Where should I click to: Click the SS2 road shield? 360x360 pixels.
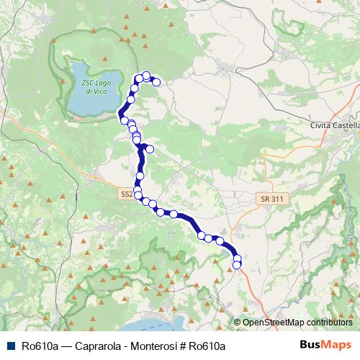tap(127, 194)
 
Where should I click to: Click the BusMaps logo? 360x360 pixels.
tap(325, 346)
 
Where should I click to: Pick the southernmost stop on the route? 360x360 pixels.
tap(237, 266)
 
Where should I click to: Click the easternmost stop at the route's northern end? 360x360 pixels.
tap(156, 82)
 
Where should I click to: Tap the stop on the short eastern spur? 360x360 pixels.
tap(150, 150)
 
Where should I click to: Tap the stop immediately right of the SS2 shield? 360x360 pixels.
tap(138, 194)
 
